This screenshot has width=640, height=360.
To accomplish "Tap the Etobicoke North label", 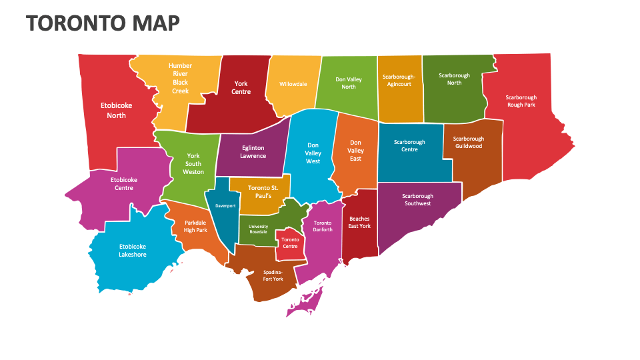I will [x=117, y=110].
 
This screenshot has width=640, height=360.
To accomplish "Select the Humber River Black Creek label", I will [x=180, y=78].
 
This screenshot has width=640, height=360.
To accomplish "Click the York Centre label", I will [x=241, y=87].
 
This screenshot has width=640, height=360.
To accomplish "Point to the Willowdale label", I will [x=293, y=85].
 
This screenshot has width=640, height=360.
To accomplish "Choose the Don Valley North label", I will [x=349, y=83].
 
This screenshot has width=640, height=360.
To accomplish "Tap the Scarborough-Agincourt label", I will [x=399, y=80].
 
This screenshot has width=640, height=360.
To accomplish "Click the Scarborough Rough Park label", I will [x=521, y=101].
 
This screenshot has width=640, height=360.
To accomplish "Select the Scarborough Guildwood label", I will [x=469, y=142].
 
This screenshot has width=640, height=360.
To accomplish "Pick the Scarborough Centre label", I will [x=409, y=145].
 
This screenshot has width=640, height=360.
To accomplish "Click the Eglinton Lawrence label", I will [x=253, y=152].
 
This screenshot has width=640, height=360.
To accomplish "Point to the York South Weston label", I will [x=193, y=164].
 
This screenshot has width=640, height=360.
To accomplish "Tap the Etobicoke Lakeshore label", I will [x=133, y=250].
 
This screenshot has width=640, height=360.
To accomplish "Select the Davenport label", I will [x=225, y=206].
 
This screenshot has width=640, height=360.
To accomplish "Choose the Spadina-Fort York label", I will [x=273, y=275].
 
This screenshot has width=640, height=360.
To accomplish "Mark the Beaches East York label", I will [x=359, y=222].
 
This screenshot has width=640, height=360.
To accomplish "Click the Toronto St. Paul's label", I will [x=260, y=192].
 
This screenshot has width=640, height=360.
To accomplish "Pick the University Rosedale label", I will [x=258, y=229].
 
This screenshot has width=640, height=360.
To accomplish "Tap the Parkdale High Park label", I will [x=196, y=226].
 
